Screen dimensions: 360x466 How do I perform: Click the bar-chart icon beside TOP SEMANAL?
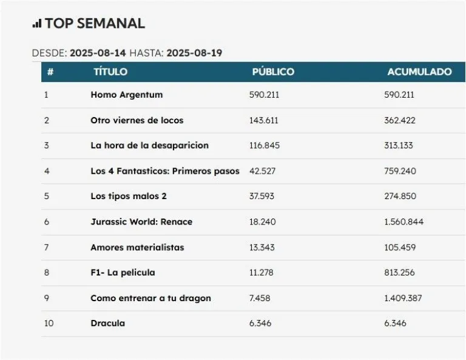click(x=37, y=24)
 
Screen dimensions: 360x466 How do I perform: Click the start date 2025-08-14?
click(x=98, y=53)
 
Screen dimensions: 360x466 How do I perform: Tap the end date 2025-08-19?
click(x=194, y=53)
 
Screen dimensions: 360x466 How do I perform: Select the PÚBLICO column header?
click(x=273, y=72)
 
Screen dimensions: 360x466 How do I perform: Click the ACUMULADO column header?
click(x=419, y=72)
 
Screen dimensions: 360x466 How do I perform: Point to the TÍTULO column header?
click(x=110, y=72)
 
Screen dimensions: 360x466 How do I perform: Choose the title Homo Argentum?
click(x=126, y=95)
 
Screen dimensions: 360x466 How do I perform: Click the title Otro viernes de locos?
click(x=137, y=120)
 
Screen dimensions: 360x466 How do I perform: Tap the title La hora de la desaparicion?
click(x=149, y=146)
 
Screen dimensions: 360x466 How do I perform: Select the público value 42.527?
click(x=262, y=171)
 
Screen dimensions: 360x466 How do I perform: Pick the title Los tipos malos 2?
click(x=128, y=196)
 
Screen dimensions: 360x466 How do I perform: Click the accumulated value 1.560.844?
click(x=404, y=222)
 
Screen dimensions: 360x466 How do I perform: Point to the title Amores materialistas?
click(x=137, y=247)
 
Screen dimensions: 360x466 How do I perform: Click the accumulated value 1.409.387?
click(x=403, y=298)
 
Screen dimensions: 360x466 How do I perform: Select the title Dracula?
click(x=107, y=323)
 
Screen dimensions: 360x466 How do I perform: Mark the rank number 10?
click(x=49, y=323)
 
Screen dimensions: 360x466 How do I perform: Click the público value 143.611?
click(x=264, y=120)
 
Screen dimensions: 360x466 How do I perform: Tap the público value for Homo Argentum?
click(x=264, y=95)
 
